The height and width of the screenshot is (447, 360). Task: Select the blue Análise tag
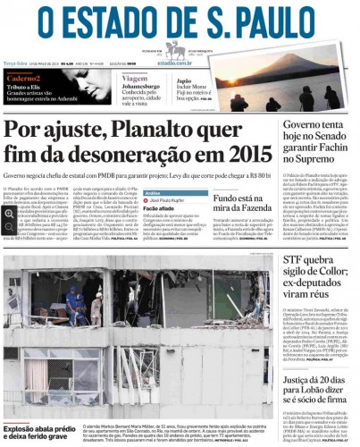click(x=153, y=192)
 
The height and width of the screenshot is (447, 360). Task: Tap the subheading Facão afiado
click(x=159, y=209)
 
